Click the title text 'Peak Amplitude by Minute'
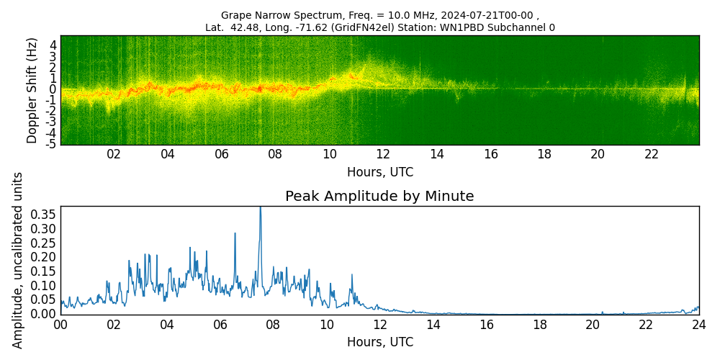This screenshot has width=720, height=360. click(379, 197)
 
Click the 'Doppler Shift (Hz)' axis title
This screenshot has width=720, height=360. click(32, 90)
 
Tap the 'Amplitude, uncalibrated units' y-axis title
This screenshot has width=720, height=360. click(18, 260)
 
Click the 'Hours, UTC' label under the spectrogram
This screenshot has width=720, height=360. click(379, 173)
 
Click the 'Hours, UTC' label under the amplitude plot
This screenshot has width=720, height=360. click(379, 342)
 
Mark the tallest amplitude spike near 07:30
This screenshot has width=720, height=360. click(260, 208)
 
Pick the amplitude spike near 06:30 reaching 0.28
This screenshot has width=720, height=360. click(235, 233)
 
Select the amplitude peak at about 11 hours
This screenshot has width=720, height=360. click(352, 274)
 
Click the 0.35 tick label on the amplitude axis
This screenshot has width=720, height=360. click(43, 215)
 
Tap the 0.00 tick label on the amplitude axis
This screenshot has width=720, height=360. click(43, 314)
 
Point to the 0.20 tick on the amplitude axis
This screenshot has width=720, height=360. click(43, 257)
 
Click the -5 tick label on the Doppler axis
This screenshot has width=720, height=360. click(51, 144)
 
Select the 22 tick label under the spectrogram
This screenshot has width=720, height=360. click(652, 155)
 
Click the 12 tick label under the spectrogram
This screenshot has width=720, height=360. click(383, 155)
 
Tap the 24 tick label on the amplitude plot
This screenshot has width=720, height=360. click(698, 325)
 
